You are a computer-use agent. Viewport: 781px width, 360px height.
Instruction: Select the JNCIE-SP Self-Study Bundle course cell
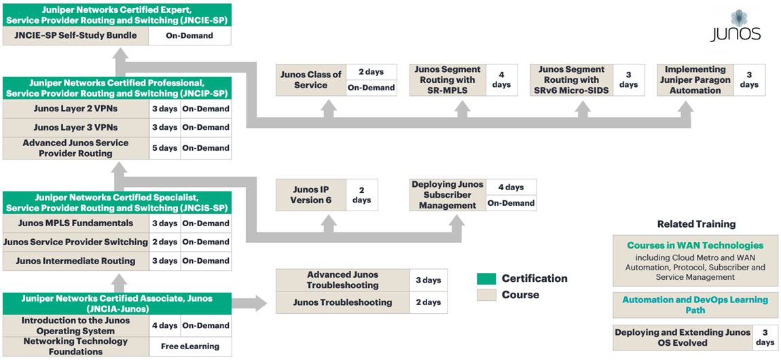click(x=75, y=36)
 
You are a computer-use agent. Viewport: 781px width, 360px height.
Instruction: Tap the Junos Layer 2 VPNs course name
click(x=75, y=109)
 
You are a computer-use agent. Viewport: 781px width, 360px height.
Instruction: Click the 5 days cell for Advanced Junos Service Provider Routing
click(x=164, y=148)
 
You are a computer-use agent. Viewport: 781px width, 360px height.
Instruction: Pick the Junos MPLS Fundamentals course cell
click(x=75, y=223)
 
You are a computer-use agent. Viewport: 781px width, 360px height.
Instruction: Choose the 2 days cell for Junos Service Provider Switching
click(x=164, y=242)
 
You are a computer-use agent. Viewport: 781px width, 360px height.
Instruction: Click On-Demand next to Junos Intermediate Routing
click(x=205, y=261)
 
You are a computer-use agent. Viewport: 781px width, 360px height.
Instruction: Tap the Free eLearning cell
click(x=190, y=346)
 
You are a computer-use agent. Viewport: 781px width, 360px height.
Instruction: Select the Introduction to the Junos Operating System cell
click(x=75, y=326)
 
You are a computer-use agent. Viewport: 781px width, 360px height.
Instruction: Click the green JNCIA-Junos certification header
click(x=117, y=303)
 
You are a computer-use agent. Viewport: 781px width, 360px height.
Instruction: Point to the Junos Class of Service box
click(x=311, y=80)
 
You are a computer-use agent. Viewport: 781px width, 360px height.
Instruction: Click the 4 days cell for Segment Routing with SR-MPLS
click(x=501, y=80)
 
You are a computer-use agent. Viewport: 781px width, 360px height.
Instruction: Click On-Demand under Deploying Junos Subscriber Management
click(x=511, y=202)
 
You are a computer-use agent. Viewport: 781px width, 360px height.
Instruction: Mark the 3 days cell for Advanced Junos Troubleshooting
click(x=428, y=281)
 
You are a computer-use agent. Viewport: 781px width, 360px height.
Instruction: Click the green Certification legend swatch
click(x=486, y=278)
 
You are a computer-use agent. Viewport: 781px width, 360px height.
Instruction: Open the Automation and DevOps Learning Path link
click(x=695, y=305)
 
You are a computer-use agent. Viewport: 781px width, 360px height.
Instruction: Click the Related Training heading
click(x=696, y=224)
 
